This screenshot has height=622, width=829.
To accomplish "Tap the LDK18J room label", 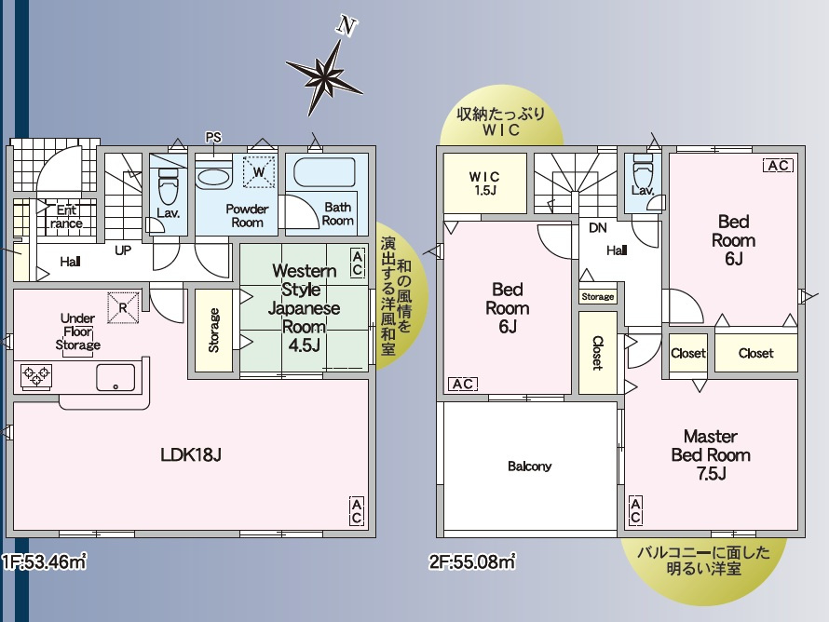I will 190,455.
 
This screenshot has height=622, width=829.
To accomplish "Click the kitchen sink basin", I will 116,376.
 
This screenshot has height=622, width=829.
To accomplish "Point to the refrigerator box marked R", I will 123,307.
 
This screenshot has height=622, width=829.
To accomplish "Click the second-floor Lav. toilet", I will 643,171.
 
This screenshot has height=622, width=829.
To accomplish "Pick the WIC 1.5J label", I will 484,183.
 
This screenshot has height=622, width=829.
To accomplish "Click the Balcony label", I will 529,466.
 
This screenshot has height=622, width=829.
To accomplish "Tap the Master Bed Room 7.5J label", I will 711,454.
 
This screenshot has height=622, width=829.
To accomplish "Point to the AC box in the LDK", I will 356,510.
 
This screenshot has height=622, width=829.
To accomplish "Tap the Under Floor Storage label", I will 78,331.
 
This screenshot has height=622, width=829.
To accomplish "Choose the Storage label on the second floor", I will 598,297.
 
